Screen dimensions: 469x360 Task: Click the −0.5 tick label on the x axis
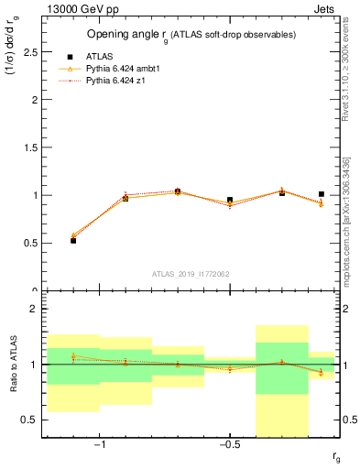point(229,446)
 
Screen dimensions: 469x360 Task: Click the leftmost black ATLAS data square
point(73,240)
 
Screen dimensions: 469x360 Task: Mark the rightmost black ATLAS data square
point(321,194)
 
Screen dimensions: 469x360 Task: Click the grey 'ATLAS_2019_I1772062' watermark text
point(191,273)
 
